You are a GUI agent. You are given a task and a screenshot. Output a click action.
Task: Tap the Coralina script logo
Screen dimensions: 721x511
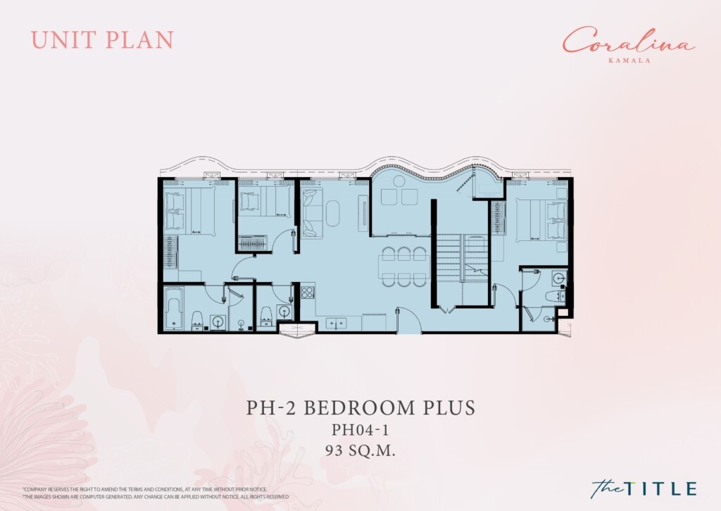[x=628, y=41]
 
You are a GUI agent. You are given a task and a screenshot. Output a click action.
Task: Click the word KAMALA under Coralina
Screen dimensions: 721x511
[x=629, y=60]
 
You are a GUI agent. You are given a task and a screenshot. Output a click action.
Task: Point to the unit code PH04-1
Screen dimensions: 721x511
[x=360, y=430]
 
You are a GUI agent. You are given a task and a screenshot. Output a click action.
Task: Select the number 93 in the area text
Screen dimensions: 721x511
[x=333, y=451]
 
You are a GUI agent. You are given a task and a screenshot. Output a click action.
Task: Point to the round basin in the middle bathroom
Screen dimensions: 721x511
[x=285, y=312]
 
